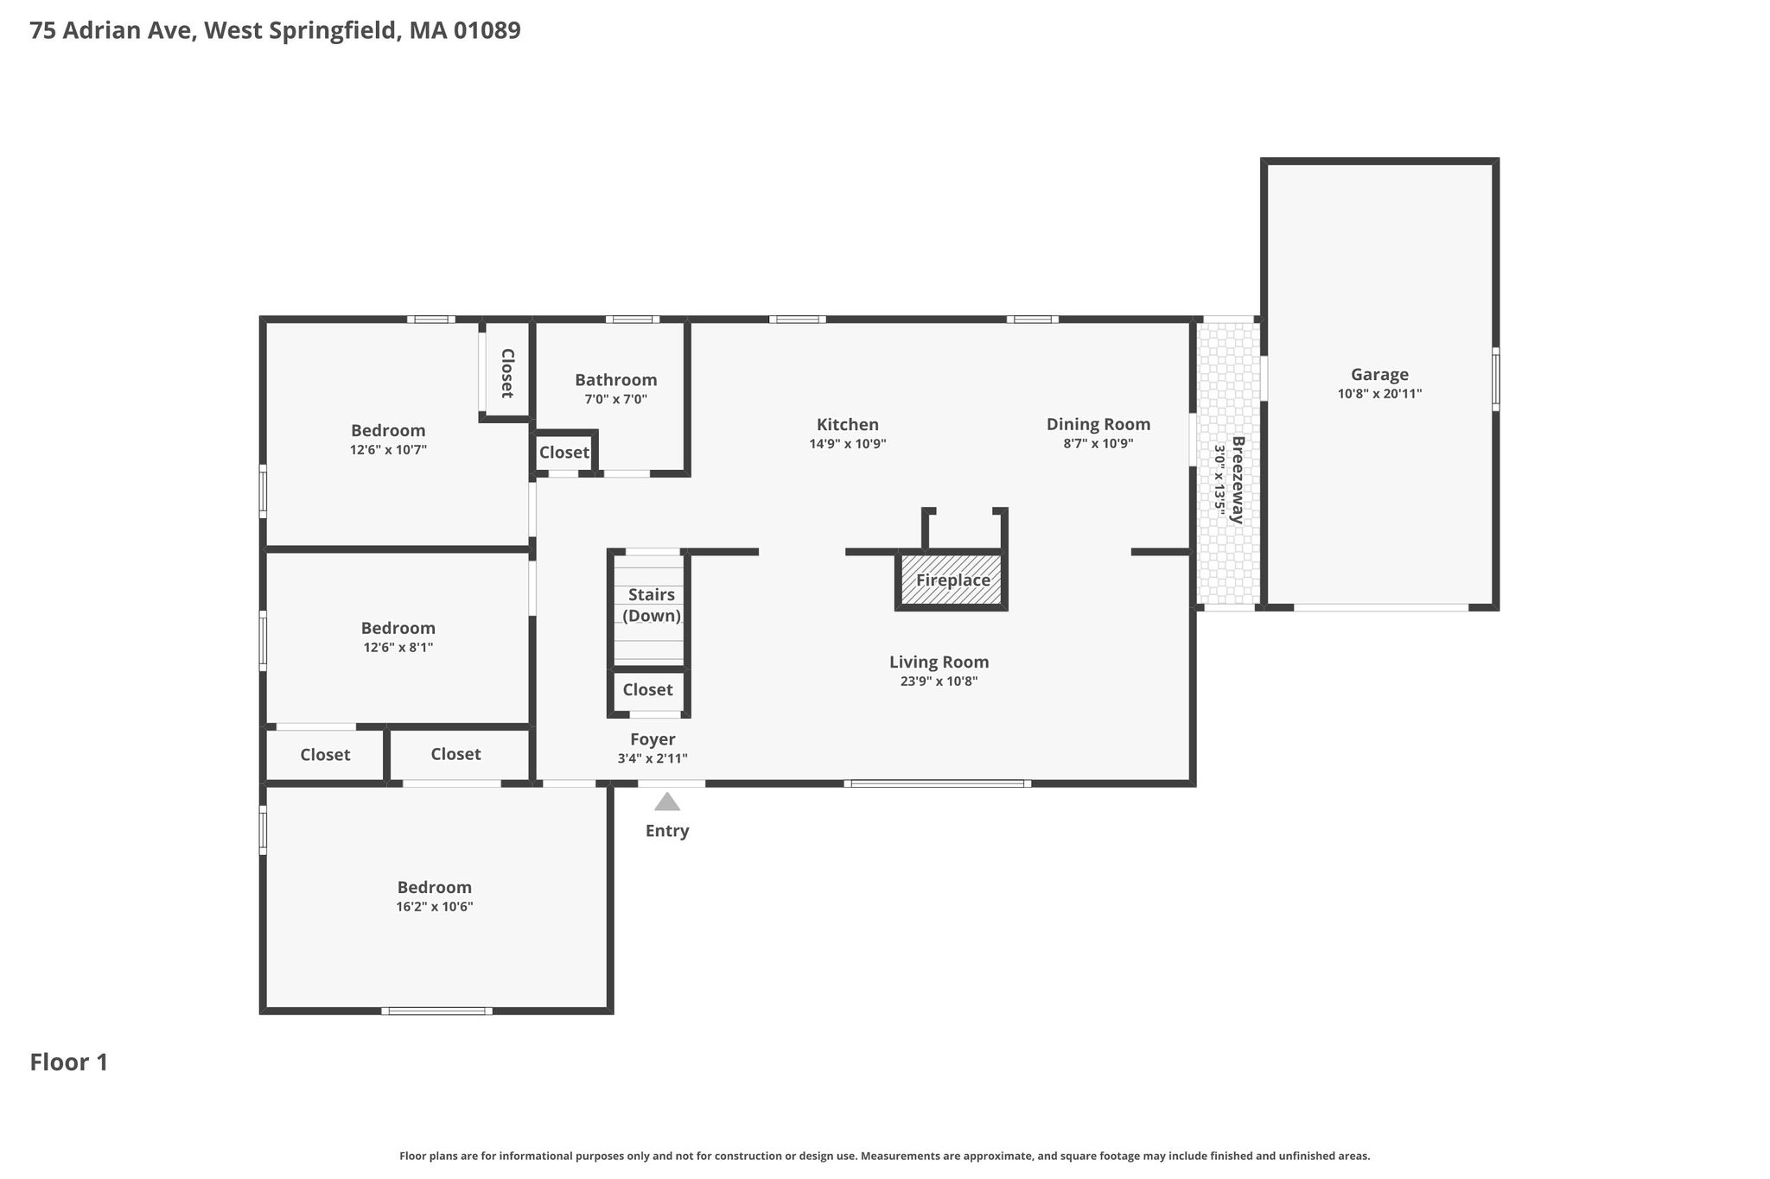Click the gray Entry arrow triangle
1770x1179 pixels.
(x=667, y=802)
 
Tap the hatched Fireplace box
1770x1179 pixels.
(x=952, y=580)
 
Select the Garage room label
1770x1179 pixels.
(x=1379, y=375)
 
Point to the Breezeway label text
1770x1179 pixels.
(x=1238, y=480)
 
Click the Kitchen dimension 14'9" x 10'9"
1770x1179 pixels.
(x=847, y=444)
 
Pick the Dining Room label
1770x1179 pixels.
(x=1098, y=424)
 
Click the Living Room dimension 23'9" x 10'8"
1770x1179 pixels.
(x=939, y=681)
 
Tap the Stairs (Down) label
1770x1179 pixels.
(x=652, y=605)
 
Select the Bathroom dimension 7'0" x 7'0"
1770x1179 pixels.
(x=615, y=399)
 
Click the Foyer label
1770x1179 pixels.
(x=653, y=739)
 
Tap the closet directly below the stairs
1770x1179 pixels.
(x=647, y=689)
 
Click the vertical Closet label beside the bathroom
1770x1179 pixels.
(x=507, y=373)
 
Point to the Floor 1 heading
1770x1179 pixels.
(x=69, y=1062)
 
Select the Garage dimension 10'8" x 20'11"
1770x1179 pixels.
(x=1379, y=394)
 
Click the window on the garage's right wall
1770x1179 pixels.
(x=1495, y=378)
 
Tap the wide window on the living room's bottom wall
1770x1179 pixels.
(x=938, y=783)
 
